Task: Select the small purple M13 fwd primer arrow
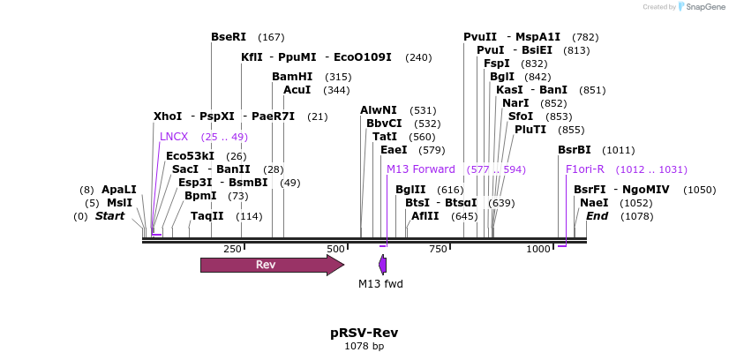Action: pos(383,265)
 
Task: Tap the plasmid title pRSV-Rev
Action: pos(364,333)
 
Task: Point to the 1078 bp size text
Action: pos(364,347)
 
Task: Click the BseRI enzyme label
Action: pos(229,37)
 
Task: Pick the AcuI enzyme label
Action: pos(297,90)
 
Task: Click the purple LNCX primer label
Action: pos(174,137)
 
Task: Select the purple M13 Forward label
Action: pos(421,169)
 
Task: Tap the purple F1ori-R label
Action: pos(585,169)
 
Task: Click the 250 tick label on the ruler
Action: pos(232,250)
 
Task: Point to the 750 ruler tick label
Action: pos(439,250)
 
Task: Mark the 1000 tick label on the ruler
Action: pos(539,250)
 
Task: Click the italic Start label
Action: pos(110,216)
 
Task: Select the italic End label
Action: pos(597,216)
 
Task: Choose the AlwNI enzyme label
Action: pos(379,110)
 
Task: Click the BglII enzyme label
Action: pos(410,190)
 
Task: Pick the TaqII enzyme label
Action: pos(207,216)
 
